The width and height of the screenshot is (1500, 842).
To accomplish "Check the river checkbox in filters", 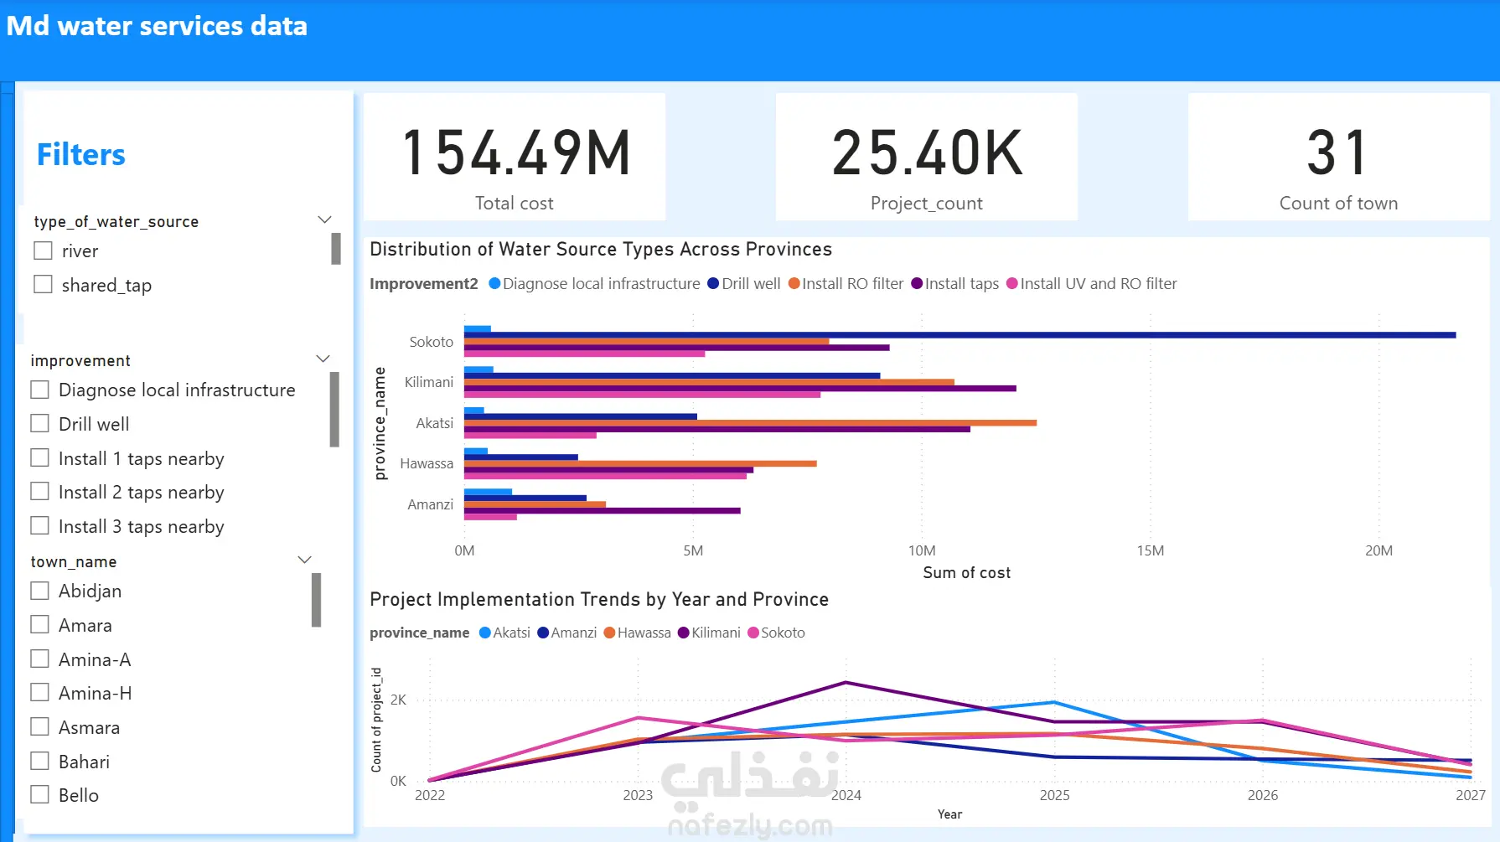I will pyautogui.click(x=43, y=251).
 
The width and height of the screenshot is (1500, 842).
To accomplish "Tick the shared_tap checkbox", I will pyautogui.click(x=43, y=285).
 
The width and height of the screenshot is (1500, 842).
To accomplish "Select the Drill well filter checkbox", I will pyautogui.click(x=39, y=424).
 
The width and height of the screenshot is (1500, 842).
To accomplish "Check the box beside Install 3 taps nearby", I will pyautogui.click(x=39, y=526).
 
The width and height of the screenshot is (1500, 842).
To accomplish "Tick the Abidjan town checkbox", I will pyautogui.click(x=39, y=591).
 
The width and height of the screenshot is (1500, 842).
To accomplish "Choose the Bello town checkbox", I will pyautogui.click(x=39, y=795).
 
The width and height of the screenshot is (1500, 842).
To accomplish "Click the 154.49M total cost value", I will pyautogui.click(x=515, y=153).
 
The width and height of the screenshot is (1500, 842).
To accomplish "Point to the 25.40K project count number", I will pyautogui.click(x=927, y=153).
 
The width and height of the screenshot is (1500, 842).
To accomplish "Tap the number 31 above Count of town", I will pyautogui.click(x=1337, y=153).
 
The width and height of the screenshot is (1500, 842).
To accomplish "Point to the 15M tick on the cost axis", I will pyautogui.click(x=1150, y=550).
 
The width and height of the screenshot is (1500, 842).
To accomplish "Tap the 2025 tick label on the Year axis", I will pyautogui.click(x=1054, y=795).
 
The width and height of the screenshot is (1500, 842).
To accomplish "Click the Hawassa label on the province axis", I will pyautogui.click(x=427, y=463).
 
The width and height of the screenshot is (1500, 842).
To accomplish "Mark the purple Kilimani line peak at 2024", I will pyautogui.click(x=846, y=683).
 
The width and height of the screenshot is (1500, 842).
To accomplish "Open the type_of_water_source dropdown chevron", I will pyautogui.click(x=324, y=220).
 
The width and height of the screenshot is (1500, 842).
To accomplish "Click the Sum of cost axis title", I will pyautogui.click(x=966, y=572).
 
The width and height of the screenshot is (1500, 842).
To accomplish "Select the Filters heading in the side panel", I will pyautogui.click(x=81, y=155).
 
